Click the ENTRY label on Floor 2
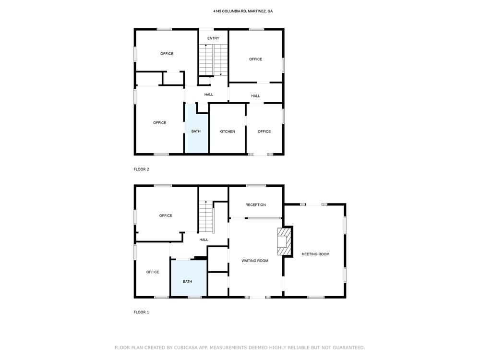[213, 38]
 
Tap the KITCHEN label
[227, 132]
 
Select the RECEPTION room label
[256, 205]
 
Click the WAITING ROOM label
[255, 261]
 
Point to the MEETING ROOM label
[315, 254]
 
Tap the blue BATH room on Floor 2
[196, 129]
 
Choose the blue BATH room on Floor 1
[189, 278]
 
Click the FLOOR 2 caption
[142, 169]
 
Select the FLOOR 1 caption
[142, 312]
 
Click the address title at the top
[243, 11]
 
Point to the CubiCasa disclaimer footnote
[240, 348]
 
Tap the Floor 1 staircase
[206, 216]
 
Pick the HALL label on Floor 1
[204, 240]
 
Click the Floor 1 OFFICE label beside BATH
[153, 272]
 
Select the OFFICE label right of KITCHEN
[264, 132]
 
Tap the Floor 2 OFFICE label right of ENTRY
[256, 59]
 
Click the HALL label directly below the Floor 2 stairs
[209, 95]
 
